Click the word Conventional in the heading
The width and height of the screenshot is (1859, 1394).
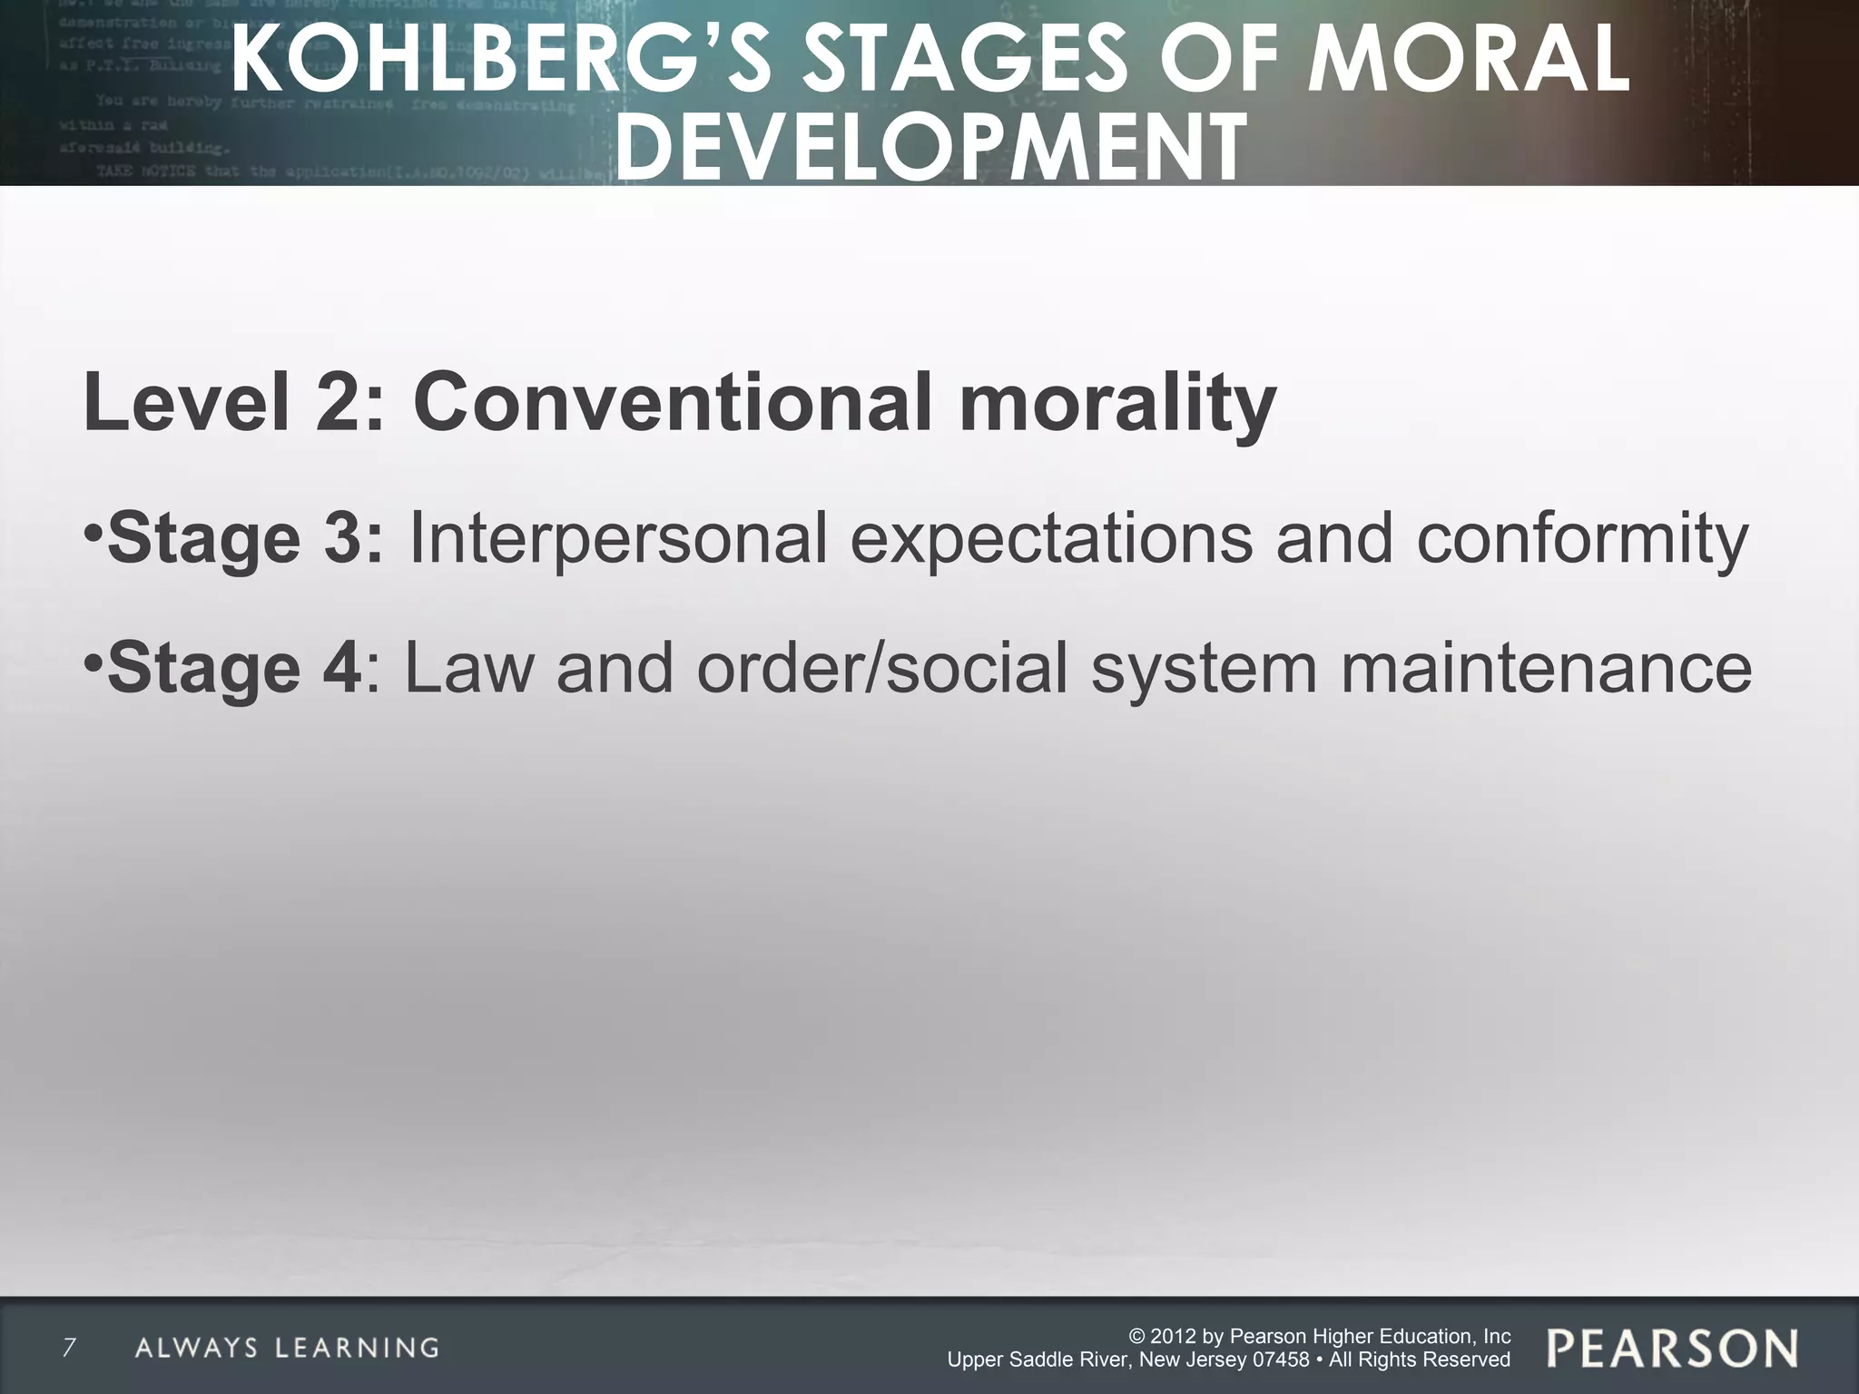(672, 401)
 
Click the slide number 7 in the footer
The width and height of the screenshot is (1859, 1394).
(68, 1347)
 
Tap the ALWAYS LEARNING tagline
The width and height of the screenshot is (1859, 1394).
(287, 1348)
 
